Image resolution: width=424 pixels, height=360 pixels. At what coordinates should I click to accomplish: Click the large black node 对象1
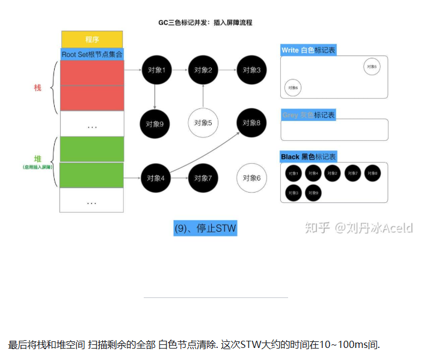pyautogui.click(x=155, y=70)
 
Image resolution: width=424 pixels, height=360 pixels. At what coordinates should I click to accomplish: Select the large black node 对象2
pyautogui.click(x=203, y=70)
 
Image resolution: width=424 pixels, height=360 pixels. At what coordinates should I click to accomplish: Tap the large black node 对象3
pyautogui.click(x=251, y=70)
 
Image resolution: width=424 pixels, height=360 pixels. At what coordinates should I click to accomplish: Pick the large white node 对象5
pyautogui.click(x=203, y=123)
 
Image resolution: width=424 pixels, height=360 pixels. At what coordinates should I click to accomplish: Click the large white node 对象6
pyautogui.click(x=251, y=178)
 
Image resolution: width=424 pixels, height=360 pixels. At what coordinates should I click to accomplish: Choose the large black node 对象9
pyautogui.click(x=155, y=124)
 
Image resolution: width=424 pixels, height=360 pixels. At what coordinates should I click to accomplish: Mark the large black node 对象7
pyautogui.click(x=203, y=178)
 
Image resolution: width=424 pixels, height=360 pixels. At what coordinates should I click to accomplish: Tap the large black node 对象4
pyautogui.click(x=155, y=178)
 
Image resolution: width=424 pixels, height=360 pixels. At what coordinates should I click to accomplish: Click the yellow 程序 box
pyautogui.click(x=92, y=39)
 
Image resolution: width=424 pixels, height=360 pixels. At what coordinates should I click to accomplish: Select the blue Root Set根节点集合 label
pyautogui.click(x=92, y=54)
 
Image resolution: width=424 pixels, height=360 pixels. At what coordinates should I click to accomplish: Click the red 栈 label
pyautogui.click(x=38, y=88)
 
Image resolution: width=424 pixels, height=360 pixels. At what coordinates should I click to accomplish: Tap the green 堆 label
pyautogui.click(x=38, y=158)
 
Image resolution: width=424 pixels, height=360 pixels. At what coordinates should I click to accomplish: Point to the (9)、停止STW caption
pyautogui.click(x=205, y=228)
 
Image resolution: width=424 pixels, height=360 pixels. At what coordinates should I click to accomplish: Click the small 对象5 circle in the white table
pyautogui.click(x=372, y=66)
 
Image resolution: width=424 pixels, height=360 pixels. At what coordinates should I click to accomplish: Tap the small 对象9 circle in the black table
pyautogui.click(x=313, y=193)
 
